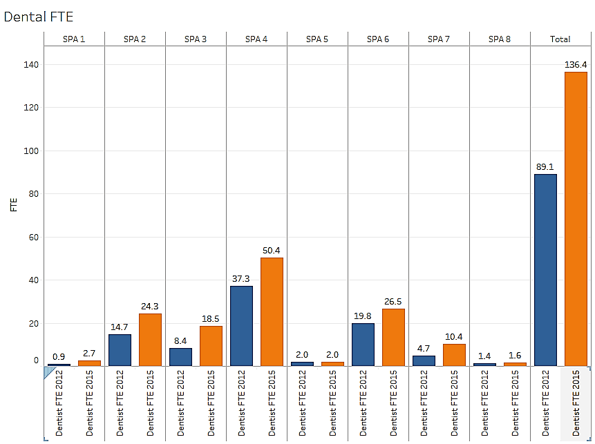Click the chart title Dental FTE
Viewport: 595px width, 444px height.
(39, 17)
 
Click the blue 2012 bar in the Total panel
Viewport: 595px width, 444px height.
(545, 269)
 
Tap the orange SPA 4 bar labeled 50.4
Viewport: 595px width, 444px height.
(272, 311)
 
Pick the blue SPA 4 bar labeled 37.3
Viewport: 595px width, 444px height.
(241, 325)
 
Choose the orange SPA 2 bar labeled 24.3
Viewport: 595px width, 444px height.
(150, 339)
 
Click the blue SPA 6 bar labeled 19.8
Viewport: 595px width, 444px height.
(363, 344)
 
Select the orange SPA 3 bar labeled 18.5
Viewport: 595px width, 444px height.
(211, 345)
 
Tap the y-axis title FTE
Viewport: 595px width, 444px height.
(13, 206)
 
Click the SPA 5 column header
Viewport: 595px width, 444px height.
(317, 39)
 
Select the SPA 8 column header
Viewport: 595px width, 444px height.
(500, 39)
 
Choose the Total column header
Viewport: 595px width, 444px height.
(560, 39)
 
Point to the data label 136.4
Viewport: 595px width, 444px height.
(576, 65)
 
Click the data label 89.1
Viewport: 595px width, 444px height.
(545, 166)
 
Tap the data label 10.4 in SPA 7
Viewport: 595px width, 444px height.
(454, 336)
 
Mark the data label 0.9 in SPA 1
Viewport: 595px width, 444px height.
(59, 357)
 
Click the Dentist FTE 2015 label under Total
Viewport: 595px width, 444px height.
(576, 403)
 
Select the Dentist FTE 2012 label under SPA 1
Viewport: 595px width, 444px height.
(59, 403)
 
